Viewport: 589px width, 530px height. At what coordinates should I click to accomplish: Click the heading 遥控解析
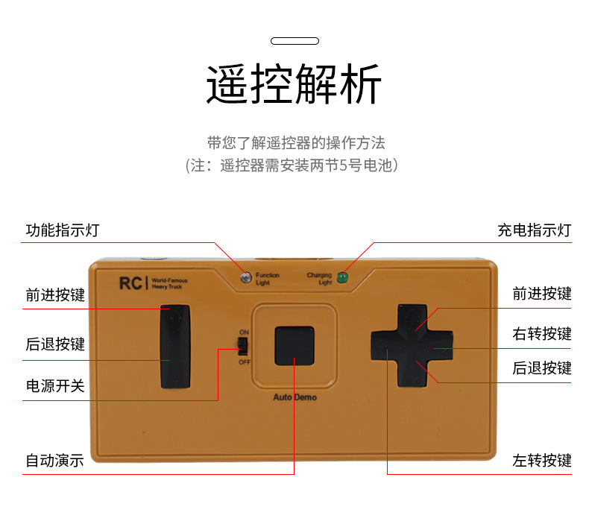pyautogui.click(x=294, y=83)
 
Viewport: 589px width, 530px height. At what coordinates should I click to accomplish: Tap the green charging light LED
pyautogui.click(x=343, y=278)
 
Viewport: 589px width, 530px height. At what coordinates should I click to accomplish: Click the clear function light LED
pyautogui.click(x=245, y=278)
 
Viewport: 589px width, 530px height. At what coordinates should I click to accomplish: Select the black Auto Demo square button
pyautogui.click(x=294, y=345)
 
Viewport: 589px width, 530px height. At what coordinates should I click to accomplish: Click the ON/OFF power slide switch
pyautogui.click(x=242, y=346)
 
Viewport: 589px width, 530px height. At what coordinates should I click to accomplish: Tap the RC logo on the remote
pyautogui.click(x=130, y=283)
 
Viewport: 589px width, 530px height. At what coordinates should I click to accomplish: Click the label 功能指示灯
pyautogui.click(x=63, y=230)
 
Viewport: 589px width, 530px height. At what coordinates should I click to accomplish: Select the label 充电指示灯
pyautogui.click(x=534, y=230)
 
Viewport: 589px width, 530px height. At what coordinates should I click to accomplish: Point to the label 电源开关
pyautogui.click(x=55, y=386)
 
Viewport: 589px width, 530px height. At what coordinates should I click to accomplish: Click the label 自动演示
pyautogui.click(x=55, y=461)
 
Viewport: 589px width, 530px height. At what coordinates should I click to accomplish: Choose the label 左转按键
pyautogui.click(x=541, y=461)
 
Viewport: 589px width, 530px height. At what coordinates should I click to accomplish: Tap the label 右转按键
pyautogui.click(x=541, y=333)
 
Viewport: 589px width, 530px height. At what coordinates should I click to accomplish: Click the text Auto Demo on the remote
pyautogui.click(x=294, y=397)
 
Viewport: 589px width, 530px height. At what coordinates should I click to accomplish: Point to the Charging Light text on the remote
pyautogui.click(x=320, y=279)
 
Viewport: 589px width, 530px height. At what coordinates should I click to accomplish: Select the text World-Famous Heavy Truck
pyautogui.click(x=169, y=283)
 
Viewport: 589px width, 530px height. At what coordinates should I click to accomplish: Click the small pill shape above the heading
pyautogui.click(x=294, y=41)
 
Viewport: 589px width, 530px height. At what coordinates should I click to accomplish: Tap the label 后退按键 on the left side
pyautogui.click(x=55, y=344)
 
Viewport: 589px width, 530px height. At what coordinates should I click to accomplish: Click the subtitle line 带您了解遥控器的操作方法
pyautogui.click(x=296, y=142)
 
